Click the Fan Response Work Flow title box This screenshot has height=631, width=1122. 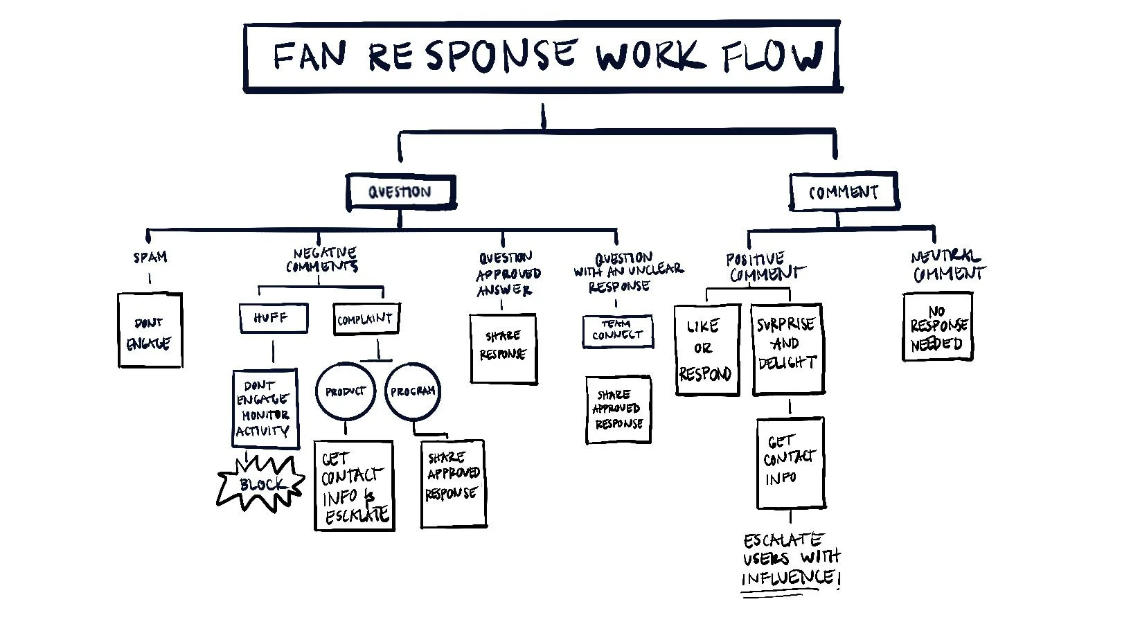[542, 57]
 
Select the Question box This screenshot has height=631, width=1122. [400, 192]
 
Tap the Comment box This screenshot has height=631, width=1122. [843, 192]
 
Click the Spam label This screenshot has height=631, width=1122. [150, 258]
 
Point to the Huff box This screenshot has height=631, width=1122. [273, 319]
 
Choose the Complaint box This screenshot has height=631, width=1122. [366, 319]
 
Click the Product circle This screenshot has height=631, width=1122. [345, 391]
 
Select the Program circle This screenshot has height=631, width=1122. [412, 391]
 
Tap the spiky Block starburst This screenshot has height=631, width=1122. [260, 483]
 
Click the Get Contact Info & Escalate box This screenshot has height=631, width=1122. [354, 486]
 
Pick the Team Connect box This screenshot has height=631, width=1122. [617, 331]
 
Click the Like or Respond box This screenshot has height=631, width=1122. [706, 350]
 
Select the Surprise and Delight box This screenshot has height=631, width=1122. [787, 348]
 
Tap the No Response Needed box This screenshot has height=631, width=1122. [938, 327]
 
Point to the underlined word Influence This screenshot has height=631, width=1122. [787, 578]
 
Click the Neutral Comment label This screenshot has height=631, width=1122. [947, 266]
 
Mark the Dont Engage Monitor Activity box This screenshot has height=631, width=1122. [264, 409]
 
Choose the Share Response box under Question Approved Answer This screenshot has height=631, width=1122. [504, 348]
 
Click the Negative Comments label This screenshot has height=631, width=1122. [323, 260]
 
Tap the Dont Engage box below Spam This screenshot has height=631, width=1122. [150, 331]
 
